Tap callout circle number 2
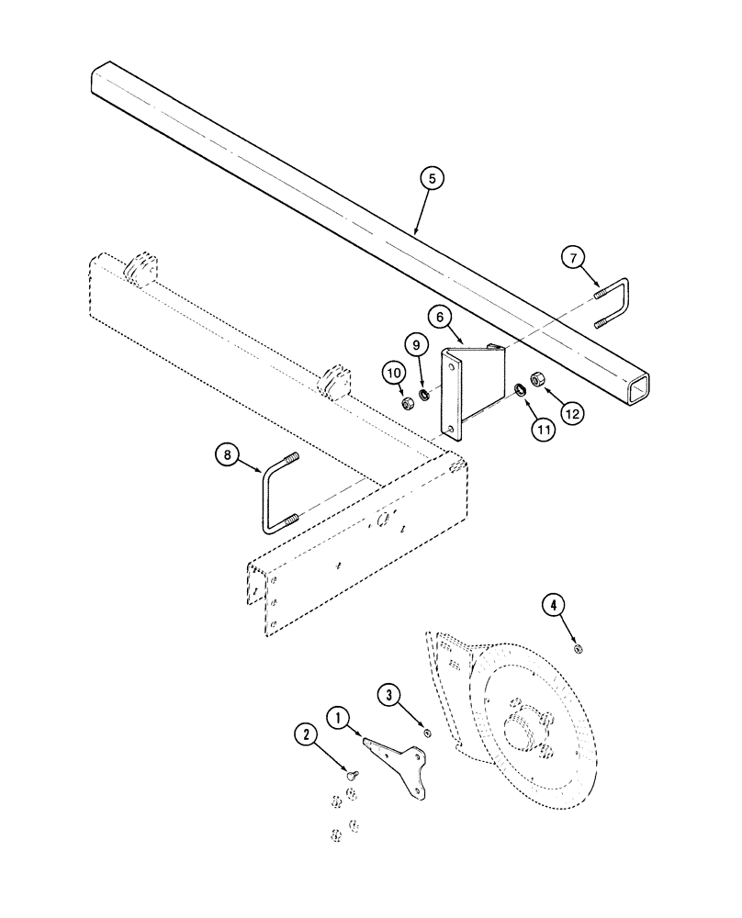[306, 734]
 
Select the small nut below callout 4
[579, 649]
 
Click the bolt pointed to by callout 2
[350, 776]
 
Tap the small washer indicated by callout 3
[427, 732]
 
